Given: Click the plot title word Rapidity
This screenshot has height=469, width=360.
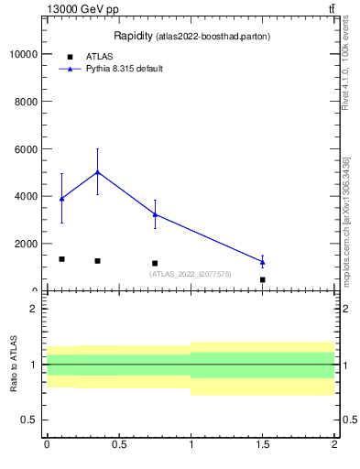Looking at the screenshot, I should click(x=133, y=36).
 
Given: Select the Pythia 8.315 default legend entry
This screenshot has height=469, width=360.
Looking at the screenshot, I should click(x=124, y=69).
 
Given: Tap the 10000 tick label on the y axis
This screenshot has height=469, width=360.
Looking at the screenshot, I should click(x=22, y=54).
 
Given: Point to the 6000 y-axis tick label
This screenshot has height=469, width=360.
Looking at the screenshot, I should click(x=25, y=149).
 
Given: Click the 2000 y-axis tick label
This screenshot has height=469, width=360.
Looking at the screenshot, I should click(x=25, y=244).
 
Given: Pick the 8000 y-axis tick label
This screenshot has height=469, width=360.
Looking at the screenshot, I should click(x=25, y=102).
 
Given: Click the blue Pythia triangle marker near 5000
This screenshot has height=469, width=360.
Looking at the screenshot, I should click(x=98, y=172).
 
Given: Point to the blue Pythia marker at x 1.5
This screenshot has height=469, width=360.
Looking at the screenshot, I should click(x=263, y=262).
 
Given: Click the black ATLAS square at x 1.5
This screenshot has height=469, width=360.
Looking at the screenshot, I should click(x=263, y=279).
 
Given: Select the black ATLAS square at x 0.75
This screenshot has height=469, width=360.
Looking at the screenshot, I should click(x=155, y=263).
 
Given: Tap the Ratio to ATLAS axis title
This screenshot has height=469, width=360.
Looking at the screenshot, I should click(x=15, y=365).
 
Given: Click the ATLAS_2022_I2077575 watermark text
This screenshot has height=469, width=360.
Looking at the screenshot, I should click(x=190, y=274).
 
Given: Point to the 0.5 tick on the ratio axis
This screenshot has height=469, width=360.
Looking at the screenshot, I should click(x=30, y=420).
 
